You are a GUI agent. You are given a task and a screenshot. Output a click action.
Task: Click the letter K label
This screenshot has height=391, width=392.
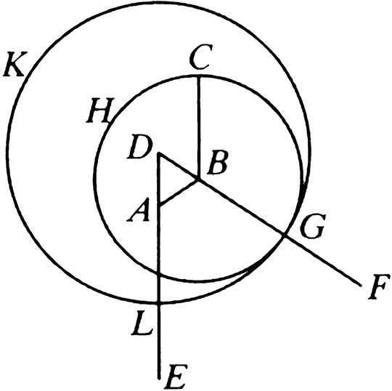click(x=15, y=64)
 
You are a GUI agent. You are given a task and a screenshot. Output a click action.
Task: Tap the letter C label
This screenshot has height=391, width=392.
click(x=201, y=57)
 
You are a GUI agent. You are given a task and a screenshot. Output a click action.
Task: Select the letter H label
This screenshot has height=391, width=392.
click(x=100, y=110)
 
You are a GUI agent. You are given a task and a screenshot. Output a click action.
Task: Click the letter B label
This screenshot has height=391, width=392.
click(x=218, y=163)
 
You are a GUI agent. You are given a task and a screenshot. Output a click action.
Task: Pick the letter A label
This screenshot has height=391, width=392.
click(x=139, y=210)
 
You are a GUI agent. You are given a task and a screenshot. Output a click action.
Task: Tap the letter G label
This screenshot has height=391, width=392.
click(x=313, y=226)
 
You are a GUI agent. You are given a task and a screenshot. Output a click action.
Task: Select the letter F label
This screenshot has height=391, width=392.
click(x=379, y=286)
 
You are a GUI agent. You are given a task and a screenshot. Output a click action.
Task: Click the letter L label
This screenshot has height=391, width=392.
click(x=142, y=323)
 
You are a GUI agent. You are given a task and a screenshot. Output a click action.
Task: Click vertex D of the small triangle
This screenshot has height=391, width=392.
click(x=158, y=153)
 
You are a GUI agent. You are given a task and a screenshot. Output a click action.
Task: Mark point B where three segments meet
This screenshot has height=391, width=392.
click(x=198, y=180)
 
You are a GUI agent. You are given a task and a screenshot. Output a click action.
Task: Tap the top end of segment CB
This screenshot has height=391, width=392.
click(x=198, y=76)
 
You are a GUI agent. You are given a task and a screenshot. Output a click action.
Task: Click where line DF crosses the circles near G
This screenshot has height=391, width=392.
click(x=284, y=235)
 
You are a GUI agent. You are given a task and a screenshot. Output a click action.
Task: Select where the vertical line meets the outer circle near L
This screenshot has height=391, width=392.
click(x=159, y=303)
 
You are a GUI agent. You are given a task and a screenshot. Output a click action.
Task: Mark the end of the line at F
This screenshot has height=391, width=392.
click(x=361, y=286)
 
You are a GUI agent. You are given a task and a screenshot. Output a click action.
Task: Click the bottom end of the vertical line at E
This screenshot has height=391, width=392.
click(x=159, y=378)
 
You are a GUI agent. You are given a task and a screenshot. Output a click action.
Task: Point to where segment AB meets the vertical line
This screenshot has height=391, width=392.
click(x=159, y=204)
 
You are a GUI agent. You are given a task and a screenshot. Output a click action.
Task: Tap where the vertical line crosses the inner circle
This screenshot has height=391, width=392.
click(x=159, y=275)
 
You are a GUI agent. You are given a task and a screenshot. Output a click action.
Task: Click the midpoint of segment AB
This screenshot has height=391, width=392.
click(x=179, y=192)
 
